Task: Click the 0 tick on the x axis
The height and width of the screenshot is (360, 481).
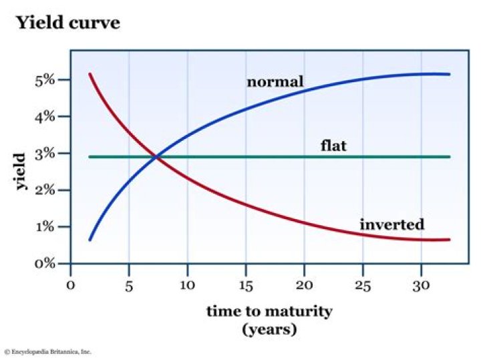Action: pyautogui.click(x=70, y=285)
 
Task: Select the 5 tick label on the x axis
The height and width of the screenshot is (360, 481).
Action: pyautogui.click(x=128, y=285)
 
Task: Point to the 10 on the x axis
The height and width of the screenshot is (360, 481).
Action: pyautogui.click(x=187, y=285)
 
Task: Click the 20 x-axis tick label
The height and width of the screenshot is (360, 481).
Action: pyautogui.click(x=304, y=285)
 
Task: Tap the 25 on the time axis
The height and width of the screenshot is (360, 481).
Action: pyautogui.click(x=362, y=285)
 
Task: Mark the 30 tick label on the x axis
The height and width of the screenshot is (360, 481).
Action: pyautogui.click(x=421, y=285)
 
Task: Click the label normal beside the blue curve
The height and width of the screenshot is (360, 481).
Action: pyautogui.click(x=275, y=82)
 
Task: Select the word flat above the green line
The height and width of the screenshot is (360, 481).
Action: pyautogui.click(x=333, y=145)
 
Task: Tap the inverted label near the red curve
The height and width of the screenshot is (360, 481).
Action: pyautogui.click(x=391, y=224)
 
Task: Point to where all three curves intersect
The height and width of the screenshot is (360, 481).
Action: pyautogui.click(x=156, y=157)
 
